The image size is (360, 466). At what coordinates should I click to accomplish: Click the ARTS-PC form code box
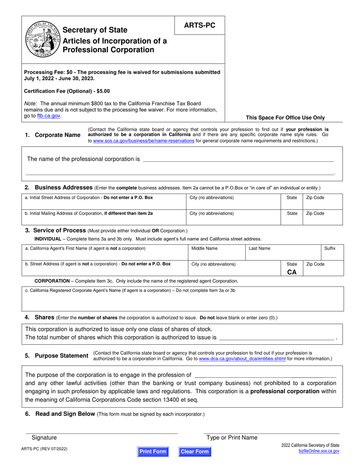coord(199,25)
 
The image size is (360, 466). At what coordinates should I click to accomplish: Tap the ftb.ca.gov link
coord(49,116)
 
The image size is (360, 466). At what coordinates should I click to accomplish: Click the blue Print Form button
coord(153,452)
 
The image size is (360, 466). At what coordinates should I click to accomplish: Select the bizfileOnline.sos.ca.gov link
coord(319,452)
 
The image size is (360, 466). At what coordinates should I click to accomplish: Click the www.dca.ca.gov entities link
coord(242,358)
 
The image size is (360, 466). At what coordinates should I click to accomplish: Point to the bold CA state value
coord(292,272)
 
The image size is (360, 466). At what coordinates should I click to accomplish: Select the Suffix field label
coord(330,249)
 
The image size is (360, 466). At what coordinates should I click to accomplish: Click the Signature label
coord(44,438)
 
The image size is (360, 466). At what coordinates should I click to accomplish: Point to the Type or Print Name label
coord(232,438)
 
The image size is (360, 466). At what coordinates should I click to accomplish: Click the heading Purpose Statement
coord(61,356)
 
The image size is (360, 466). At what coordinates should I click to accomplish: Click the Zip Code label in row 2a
coord(315,198)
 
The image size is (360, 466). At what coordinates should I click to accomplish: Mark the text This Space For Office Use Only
coord(285,118)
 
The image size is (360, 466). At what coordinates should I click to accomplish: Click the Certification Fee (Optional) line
coord(67,91)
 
